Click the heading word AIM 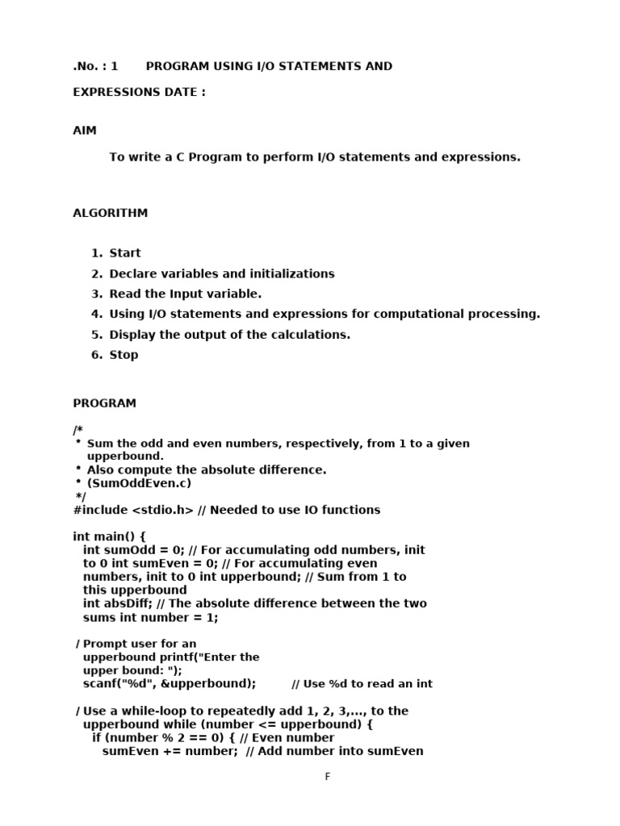point(85,131)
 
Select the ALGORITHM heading point(111,214)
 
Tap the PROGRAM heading point(105,403)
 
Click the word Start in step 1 point(125,253)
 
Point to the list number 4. point(96,314)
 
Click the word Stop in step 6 point(124,355)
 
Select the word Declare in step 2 point(132,273)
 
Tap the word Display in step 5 point(132,335)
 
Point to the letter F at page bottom point(328,777)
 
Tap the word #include point(100,510)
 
